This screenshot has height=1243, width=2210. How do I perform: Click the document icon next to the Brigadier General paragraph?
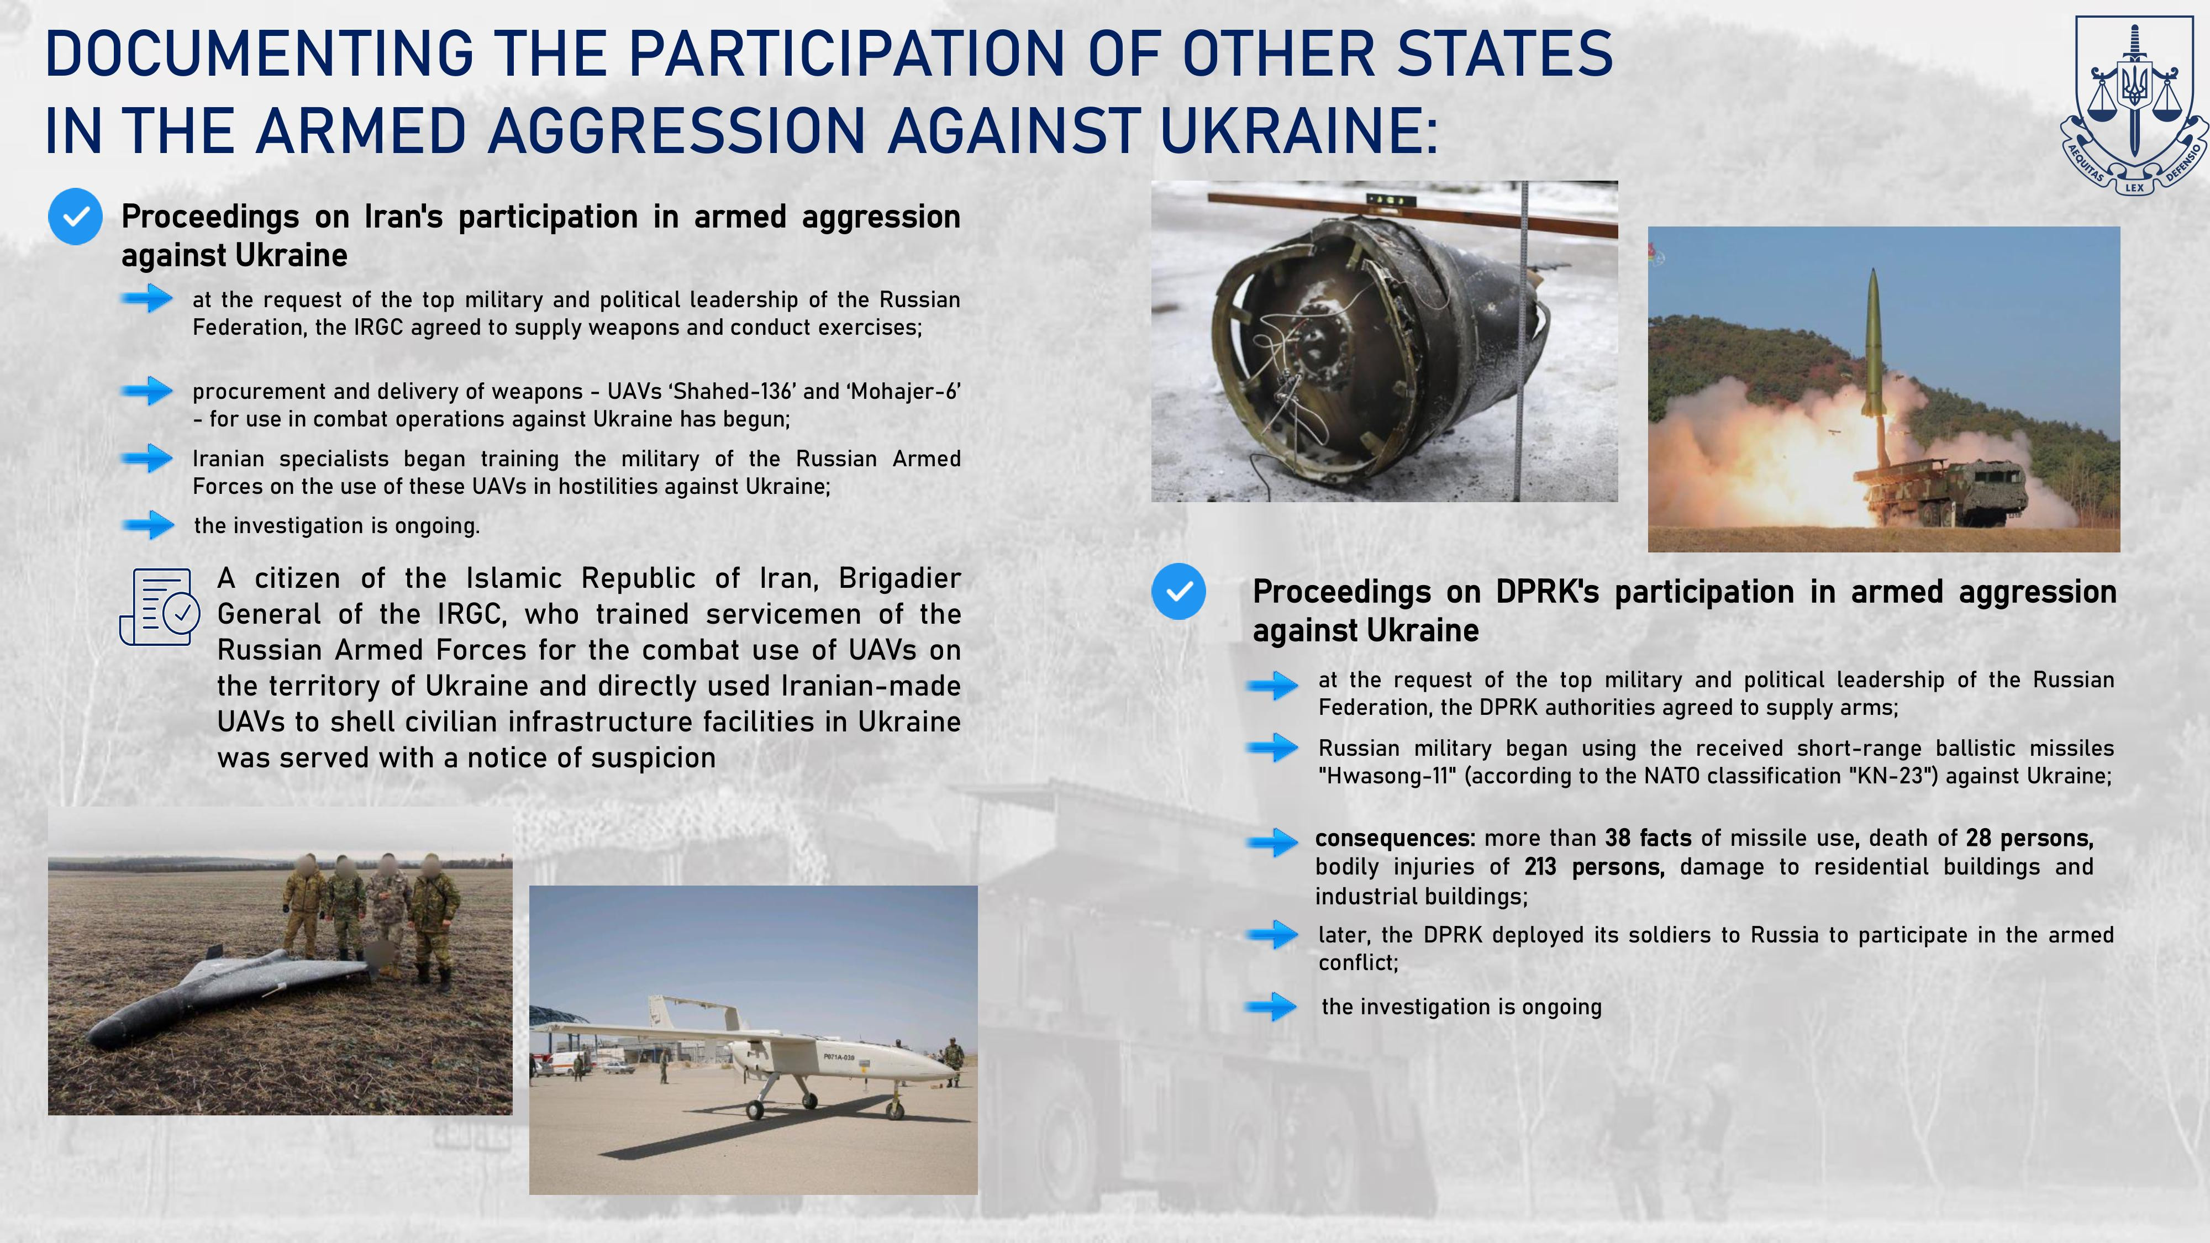click(x=160, y=607)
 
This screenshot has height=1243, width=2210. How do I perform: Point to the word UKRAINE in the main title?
click(x=1298, y=131)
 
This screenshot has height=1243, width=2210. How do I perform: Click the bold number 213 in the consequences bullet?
click(x=1540, y=867)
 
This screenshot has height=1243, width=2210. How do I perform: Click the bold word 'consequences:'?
click(x=1395, y=838)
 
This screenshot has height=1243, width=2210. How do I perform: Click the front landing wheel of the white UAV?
click(x=895, y=1109)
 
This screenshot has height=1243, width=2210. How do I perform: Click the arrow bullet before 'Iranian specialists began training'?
click(x=147, y=458)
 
